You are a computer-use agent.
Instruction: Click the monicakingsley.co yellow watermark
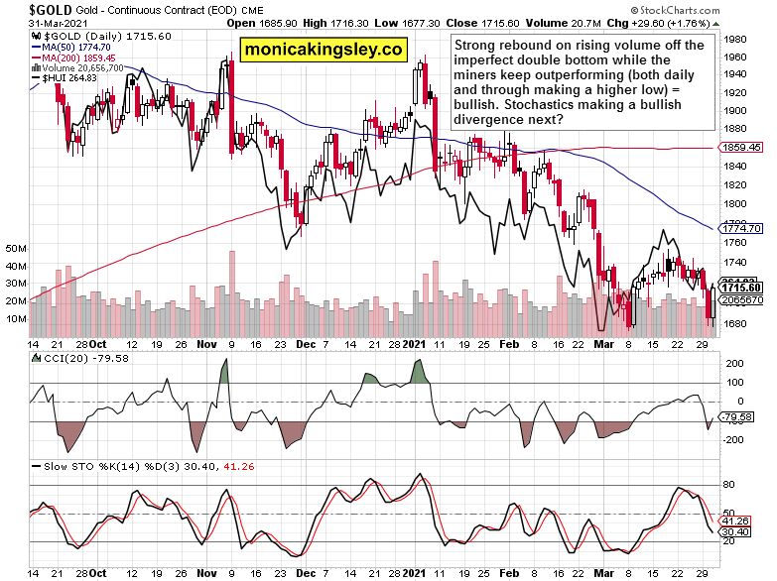[x=324, y=48]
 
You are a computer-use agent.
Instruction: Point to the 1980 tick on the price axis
[x=737, y=40]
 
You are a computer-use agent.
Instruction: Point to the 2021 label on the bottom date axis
[x=414, y=573]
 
